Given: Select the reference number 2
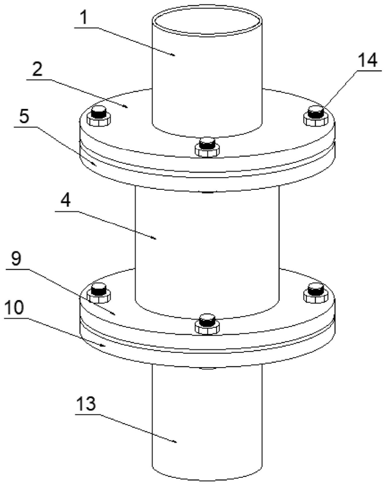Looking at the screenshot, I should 37,70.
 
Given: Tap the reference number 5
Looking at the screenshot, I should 24,117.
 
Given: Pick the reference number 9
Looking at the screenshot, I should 16,259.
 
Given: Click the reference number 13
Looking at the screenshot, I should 86,404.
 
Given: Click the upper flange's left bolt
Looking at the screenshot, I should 98,116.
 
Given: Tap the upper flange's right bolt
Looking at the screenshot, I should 316,116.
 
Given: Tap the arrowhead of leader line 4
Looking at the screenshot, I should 155,238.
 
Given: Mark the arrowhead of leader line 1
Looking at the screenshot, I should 173,55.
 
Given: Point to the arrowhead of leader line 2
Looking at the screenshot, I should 127,107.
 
